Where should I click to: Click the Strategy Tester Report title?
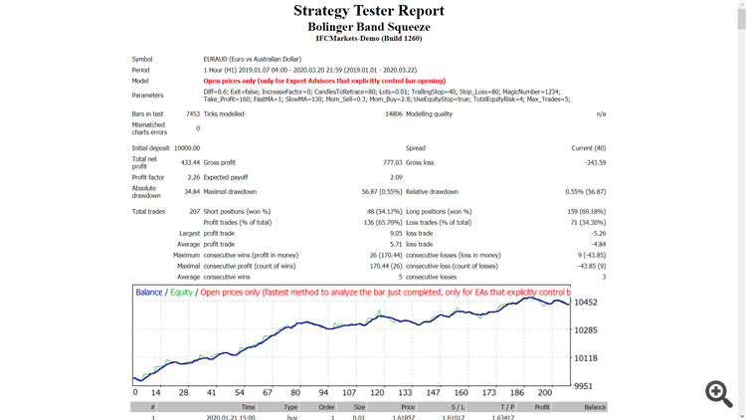[x=369, y=11]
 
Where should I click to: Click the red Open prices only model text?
[x=324, y=81]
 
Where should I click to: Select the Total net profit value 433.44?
[x=189, y=162]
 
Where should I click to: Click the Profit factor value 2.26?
[x=193, y=177]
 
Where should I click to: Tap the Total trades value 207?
[x=192, y=211]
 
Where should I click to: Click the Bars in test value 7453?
[x=192, y=114]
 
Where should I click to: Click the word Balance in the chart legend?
[x=149, y=293]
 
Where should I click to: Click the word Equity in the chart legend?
[x=180, y=293]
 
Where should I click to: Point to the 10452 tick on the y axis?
[x=587, y=303]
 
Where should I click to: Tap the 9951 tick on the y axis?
[x=585, y=385]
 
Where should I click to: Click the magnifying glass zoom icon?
[x=718, y=392]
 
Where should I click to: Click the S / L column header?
[x=458, y=407]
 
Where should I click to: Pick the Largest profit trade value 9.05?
[x=395, y=233]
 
